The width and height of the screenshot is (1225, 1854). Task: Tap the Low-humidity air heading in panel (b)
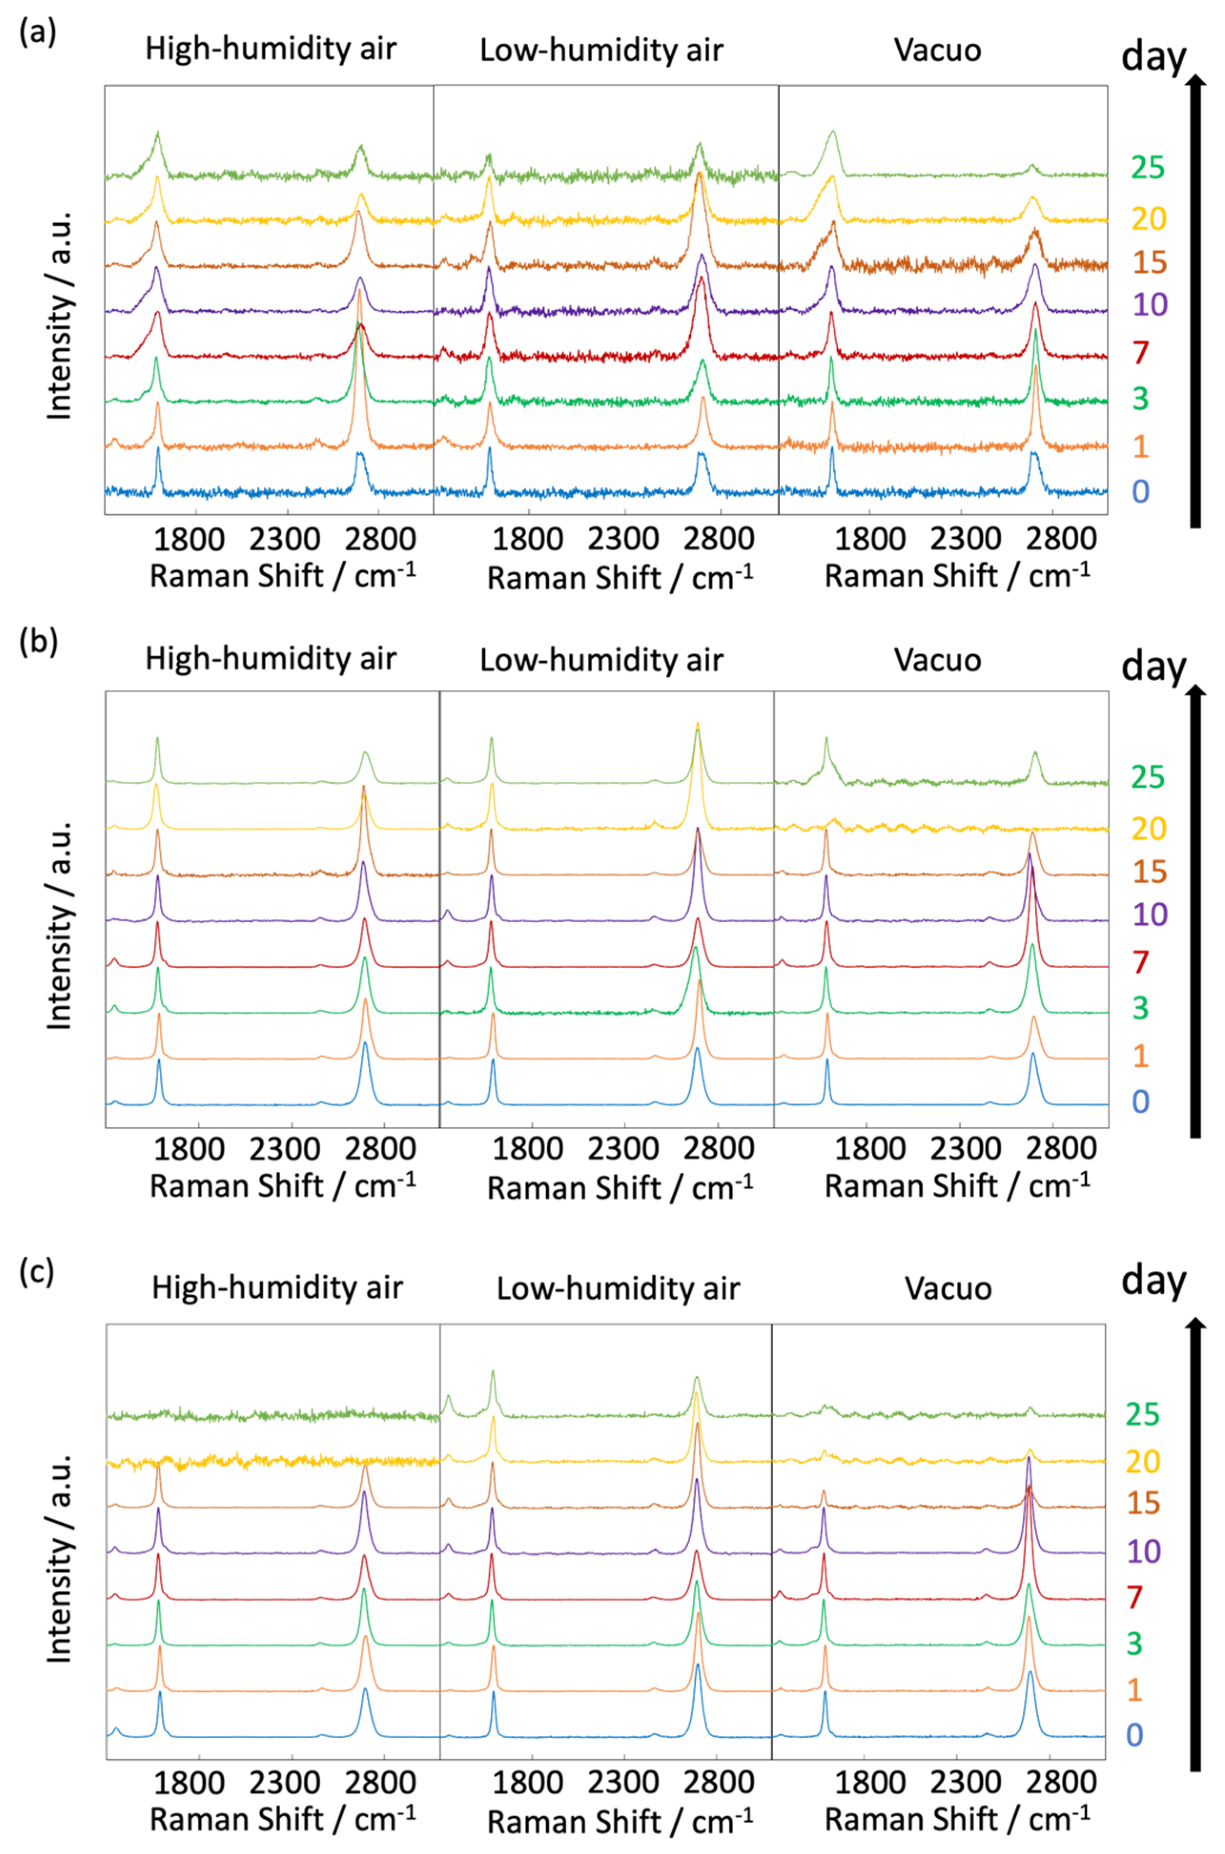coord(601,660)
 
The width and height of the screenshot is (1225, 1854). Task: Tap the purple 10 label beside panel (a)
coord(1148,304)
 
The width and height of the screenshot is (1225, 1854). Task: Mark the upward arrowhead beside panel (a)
coord(1194,84)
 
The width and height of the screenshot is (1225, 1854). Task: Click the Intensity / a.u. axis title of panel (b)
coord(60,925)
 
